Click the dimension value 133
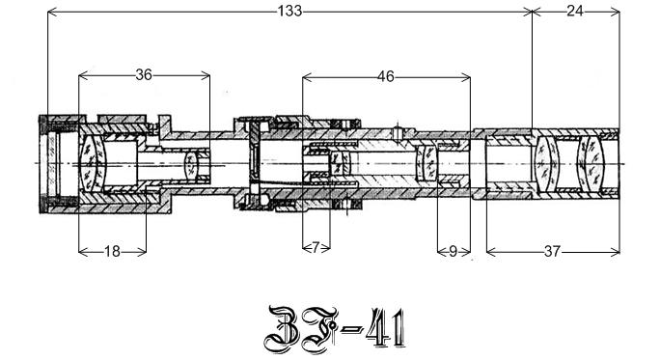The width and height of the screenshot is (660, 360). (x=289, y=11)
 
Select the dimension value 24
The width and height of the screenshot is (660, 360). (x=575, y=11)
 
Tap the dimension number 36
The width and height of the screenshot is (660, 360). (x=144, y=75)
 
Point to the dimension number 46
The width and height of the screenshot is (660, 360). (x=386, y=76)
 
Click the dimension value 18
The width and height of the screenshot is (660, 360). (x=112, y=252)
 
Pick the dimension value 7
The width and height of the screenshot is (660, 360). (x=316, y=248)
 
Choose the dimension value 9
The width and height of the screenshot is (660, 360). (x=453, y=251)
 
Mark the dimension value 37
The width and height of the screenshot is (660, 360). (x=552, y=252)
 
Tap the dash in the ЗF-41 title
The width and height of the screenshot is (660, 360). (x=351, y=329)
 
